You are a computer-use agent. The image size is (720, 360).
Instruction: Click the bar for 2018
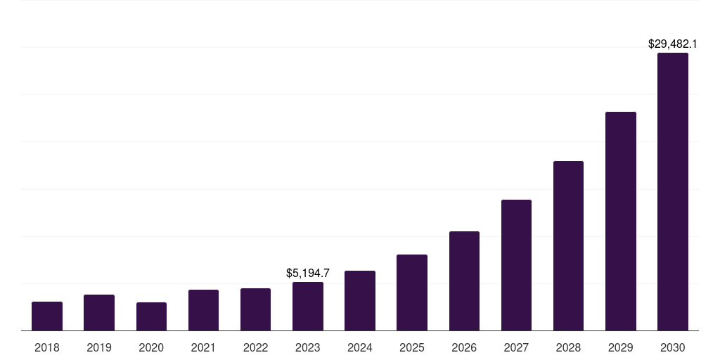coord(47,316)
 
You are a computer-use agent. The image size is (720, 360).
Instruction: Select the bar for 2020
coord(151,316)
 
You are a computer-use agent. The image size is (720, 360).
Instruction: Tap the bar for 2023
coord(308,307)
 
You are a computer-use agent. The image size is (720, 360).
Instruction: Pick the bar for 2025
coord(412,292)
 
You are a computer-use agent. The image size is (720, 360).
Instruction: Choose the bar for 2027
coord(516,265)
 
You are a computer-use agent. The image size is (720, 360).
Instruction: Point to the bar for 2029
coord(620,221)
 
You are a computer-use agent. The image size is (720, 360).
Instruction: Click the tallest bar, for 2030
coord(672,191)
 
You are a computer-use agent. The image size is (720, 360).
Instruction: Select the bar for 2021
coord(203,310)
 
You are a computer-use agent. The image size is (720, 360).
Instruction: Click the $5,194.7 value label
coord(308,273)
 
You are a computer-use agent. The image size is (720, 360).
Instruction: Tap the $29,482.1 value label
coord(672,44)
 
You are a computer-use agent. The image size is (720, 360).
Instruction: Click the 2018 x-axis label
coord(47,347)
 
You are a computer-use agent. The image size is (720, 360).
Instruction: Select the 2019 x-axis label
coord(99,347)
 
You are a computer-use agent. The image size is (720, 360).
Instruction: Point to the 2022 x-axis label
coord(255,347)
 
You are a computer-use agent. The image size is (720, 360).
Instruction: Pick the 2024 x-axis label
coord(360,347)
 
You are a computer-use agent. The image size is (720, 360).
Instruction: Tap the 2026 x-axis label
coord(464,347)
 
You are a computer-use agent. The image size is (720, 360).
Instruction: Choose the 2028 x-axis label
coord(568,347)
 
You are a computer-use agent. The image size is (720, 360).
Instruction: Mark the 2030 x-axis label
coord(672,347)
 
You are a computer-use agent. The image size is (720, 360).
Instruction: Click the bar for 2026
coord(464,281)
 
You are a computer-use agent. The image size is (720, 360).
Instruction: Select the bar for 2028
coord(568,245)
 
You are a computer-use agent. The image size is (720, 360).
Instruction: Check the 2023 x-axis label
coord(308,347)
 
